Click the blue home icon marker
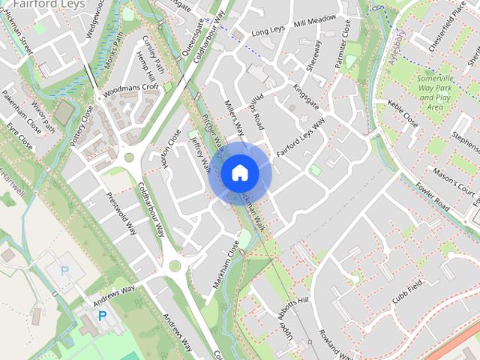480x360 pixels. coord(239,172)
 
